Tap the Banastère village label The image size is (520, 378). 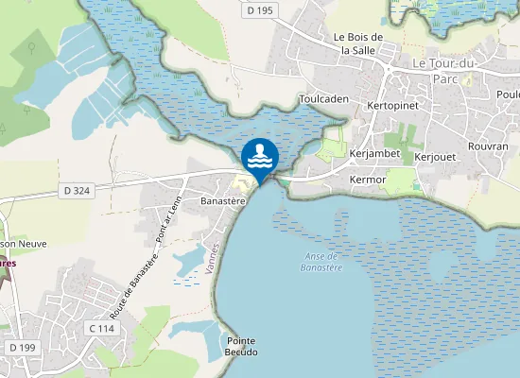click(224, 201)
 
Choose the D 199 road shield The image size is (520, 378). click(22, 348)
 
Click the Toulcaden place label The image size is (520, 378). click(324, 98)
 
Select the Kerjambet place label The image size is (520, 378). click(375, 153)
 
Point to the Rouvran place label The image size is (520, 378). click(489, 147)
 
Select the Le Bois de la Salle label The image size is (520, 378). click(355, 43)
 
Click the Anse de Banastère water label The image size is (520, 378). click(323, 262)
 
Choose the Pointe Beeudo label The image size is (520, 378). click(240, 346)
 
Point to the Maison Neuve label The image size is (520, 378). click(21, 244)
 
